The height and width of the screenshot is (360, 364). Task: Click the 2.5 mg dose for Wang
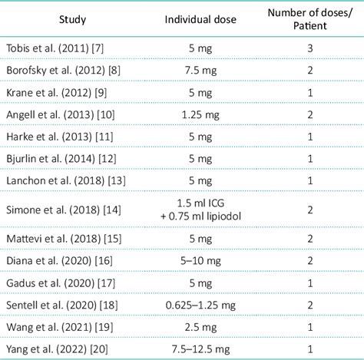point(194,328)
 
